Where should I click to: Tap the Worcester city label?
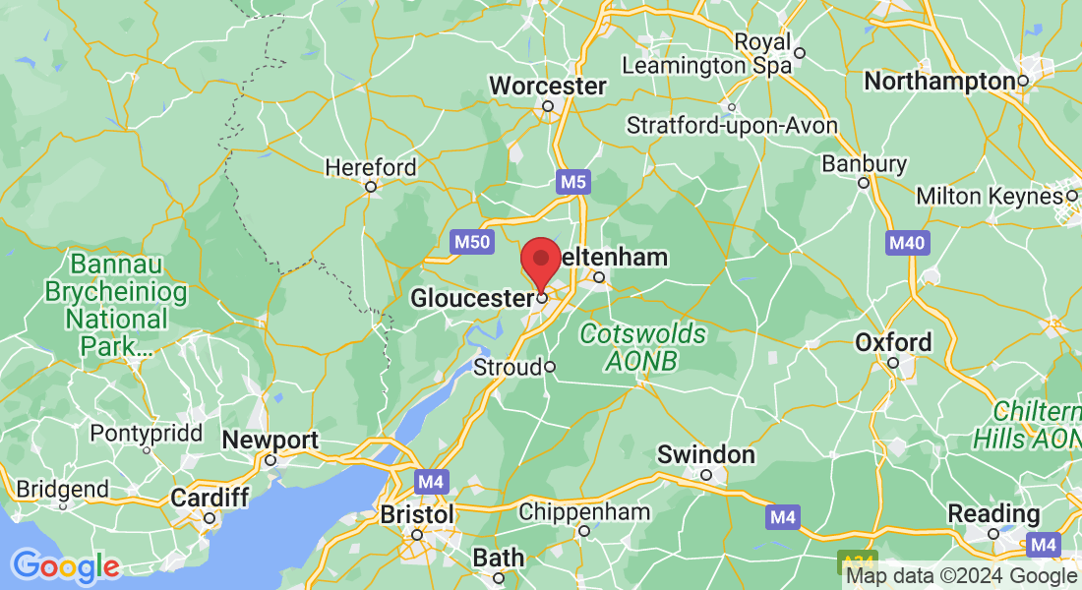tap(548, 87)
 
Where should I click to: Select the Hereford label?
tap(371, 168)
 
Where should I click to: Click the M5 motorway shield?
tap(572, 182)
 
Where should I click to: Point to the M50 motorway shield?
tap(471, 242)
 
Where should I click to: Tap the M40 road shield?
tap(906, 242)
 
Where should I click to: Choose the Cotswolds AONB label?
tap(642, 347)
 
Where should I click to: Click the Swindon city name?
tap(706, 455)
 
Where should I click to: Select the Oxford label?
tap(892, 343)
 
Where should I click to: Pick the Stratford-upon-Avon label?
tap(732, 126)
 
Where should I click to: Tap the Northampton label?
tap(939, 82)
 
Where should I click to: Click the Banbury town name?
tap(864, 164)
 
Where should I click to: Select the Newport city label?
tap(270, 441)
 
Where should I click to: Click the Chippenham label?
tap(584, 512)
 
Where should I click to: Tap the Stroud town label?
tap(508, 368)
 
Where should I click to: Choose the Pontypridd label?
tap(146, 434)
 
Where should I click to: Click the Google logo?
tap(65, 566)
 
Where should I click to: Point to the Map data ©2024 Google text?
tap(961, 576)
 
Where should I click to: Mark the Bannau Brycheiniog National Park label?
tap(104, 305)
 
